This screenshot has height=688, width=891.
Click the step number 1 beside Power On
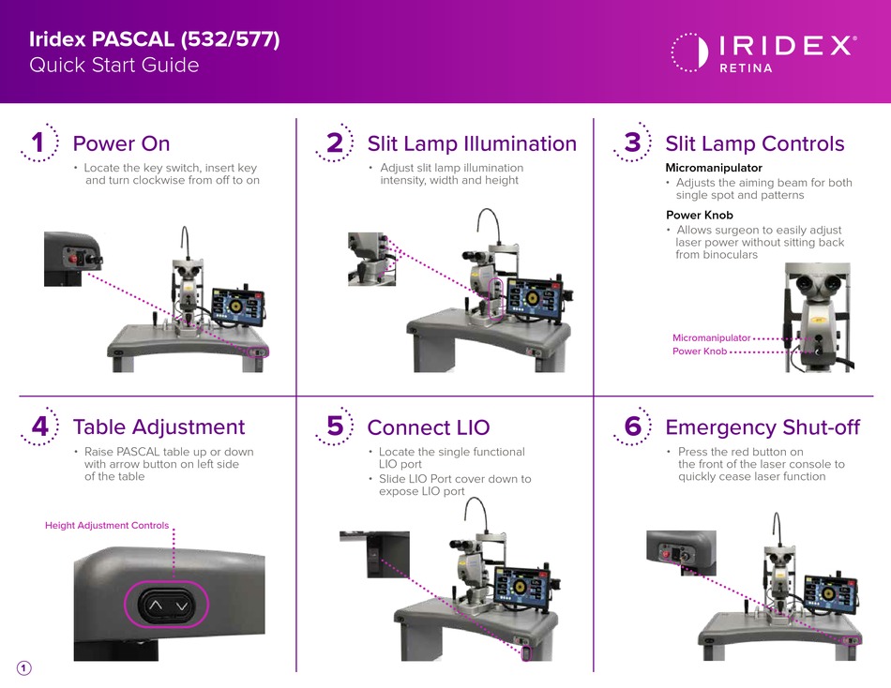[x=38, y=142]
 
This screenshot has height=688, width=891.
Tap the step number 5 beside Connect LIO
[x=335, y=426]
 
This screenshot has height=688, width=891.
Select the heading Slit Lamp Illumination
[x=472, y=143]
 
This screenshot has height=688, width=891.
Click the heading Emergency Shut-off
[x=763, y=427]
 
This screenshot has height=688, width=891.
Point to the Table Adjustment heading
[x=159, y=427]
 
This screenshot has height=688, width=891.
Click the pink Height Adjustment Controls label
[x=107, y=526]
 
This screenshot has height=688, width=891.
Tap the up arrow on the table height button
[x=155, y=606]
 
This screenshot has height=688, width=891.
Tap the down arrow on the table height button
[x=182, y=606]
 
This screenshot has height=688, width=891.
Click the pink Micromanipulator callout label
[x=712, y=338]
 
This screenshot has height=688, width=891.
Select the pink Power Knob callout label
[x=700, y=351]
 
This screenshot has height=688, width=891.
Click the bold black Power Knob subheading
[x=700, y=216]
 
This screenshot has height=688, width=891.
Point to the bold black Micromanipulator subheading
[x=714, y=168]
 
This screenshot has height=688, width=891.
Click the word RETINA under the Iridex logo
[x=747, y=68]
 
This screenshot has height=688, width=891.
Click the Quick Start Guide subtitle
[x=114, y=65]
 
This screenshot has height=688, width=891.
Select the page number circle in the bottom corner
[x=23, y=668]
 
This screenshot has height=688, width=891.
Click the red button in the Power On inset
[x=73, y=259]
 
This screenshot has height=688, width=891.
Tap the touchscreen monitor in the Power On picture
[x=238, y=307]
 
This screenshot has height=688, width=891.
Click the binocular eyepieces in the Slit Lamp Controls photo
[x=817, y=282]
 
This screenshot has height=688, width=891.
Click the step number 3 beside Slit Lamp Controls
[x=632, y=142]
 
